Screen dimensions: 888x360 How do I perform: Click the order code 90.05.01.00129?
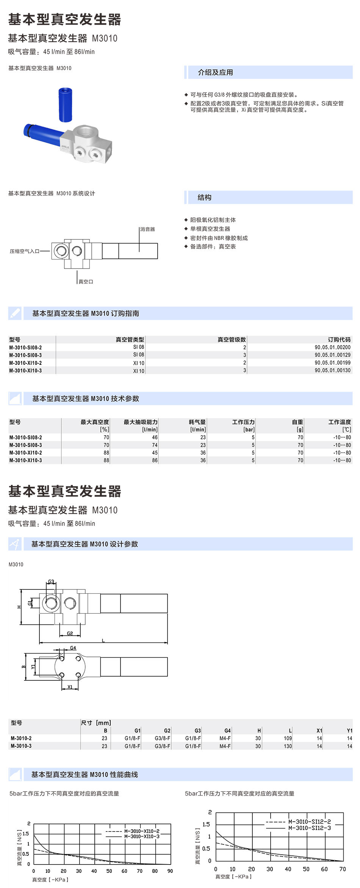pos(332,355)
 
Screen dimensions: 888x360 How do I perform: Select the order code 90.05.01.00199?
pos(332,363)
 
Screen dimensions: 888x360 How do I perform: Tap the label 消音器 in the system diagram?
pos(147,229)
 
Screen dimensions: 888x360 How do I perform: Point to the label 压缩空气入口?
pos(25,251)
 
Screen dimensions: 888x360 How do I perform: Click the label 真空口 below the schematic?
pos(86,281)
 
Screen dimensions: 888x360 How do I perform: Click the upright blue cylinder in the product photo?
pos(65,105)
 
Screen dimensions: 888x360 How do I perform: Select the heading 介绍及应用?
pos(215,72)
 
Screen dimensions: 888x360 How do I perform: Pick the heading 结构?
pos(205,197)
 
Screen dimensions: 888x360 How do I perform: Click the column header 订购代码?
pos(339,339)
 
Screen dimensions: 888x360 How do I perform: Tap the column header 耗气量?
pos(197,422)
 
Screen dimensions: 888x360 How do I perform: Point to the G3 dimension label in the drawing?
pos(51,582)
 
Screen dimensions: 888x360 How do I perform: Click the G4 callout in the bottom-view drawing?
pos(73,648)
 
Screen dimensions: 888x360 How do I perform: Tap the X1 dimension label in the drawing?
pos(70,687)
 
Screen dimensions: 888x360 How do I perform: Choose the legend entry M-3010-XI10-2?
pos(142,831)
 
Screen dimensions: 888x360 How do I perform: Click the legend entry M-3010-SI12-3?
pos(309,828)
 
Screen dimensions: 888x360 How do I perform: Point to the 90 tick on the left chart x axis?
pos(170,871)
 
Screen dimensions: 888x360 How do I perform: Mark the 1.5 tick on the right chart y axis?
pos(206,824)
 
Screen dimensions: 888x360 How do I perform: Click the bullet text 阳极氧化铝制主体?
pos(213,220)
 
